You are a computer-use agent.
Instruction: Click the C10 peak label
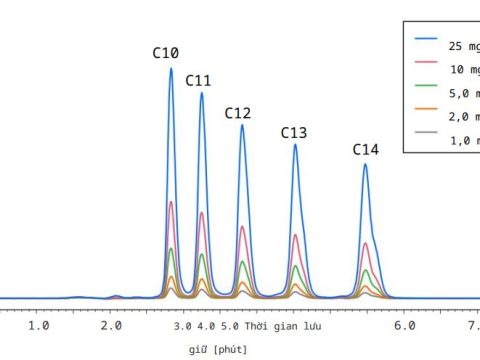coord(166,52)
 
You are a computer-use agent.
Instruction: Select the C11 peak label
coord(198,80)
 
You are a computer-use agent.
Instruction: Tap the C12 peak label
coord(237,113)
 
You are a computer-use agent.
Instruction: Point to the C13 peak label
coord(293,132)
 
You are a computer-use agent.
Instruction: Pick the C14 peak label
coord(365,150)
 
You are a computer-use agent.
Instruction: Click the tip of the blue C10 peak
coord(171,68)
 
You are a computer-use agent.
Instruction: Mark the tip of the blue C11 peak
coord(202,93)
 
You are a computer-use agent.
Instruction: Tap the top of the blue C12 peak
coord(242,125)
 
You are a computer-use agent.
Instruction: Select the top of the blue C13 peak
coord(295,145)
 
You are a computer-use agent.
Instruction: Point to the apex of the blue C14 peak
coord(366,164)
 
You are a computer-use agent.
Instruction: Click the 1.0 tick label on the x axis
coord(39,326)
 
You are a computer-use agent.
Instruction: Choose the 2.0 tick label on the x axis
coord(111,326)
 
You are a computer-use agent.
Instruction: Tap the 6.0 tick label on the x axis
coord(403,326)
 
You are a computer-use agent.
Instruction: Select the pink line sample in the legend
coord(427,69)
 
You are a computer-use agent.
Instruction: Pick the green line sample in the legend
coord(427,93)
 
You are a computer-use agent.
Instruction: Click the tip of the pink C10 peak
coord(171,202)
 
